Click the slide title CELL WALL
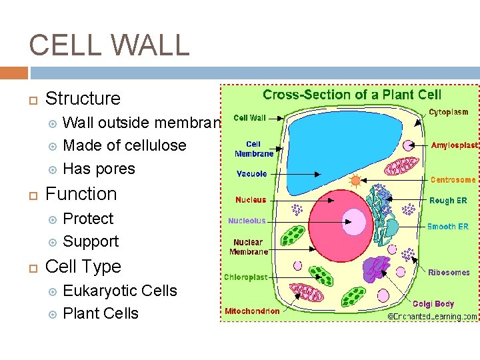tap(109, 45)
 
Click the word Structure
tap(83, 99)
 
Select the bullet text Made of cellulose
tap(124, 145)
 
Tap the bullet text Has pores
tap(99, 169)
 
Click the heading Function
tap(81, 194)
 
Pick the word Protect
tap(88, 219)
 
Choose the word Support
tap(91, 241)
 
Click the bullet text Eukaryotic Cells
tap(120, 291)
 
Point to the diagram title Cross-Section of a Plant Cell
tap(352, 95)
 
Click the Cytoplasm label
tap(448, 113)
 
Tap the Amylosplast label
tap(453, 145)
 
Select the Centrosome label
tap(453, 179)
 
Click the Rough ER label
tap(448, 200)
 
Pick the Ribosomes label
tap(448, 272)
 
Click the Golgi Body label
tap(433, 304)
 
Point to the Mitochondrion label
tap(252, 311)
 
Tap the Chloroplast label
tap(245, 277)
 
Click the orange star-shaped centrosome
tap(355, 180)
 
